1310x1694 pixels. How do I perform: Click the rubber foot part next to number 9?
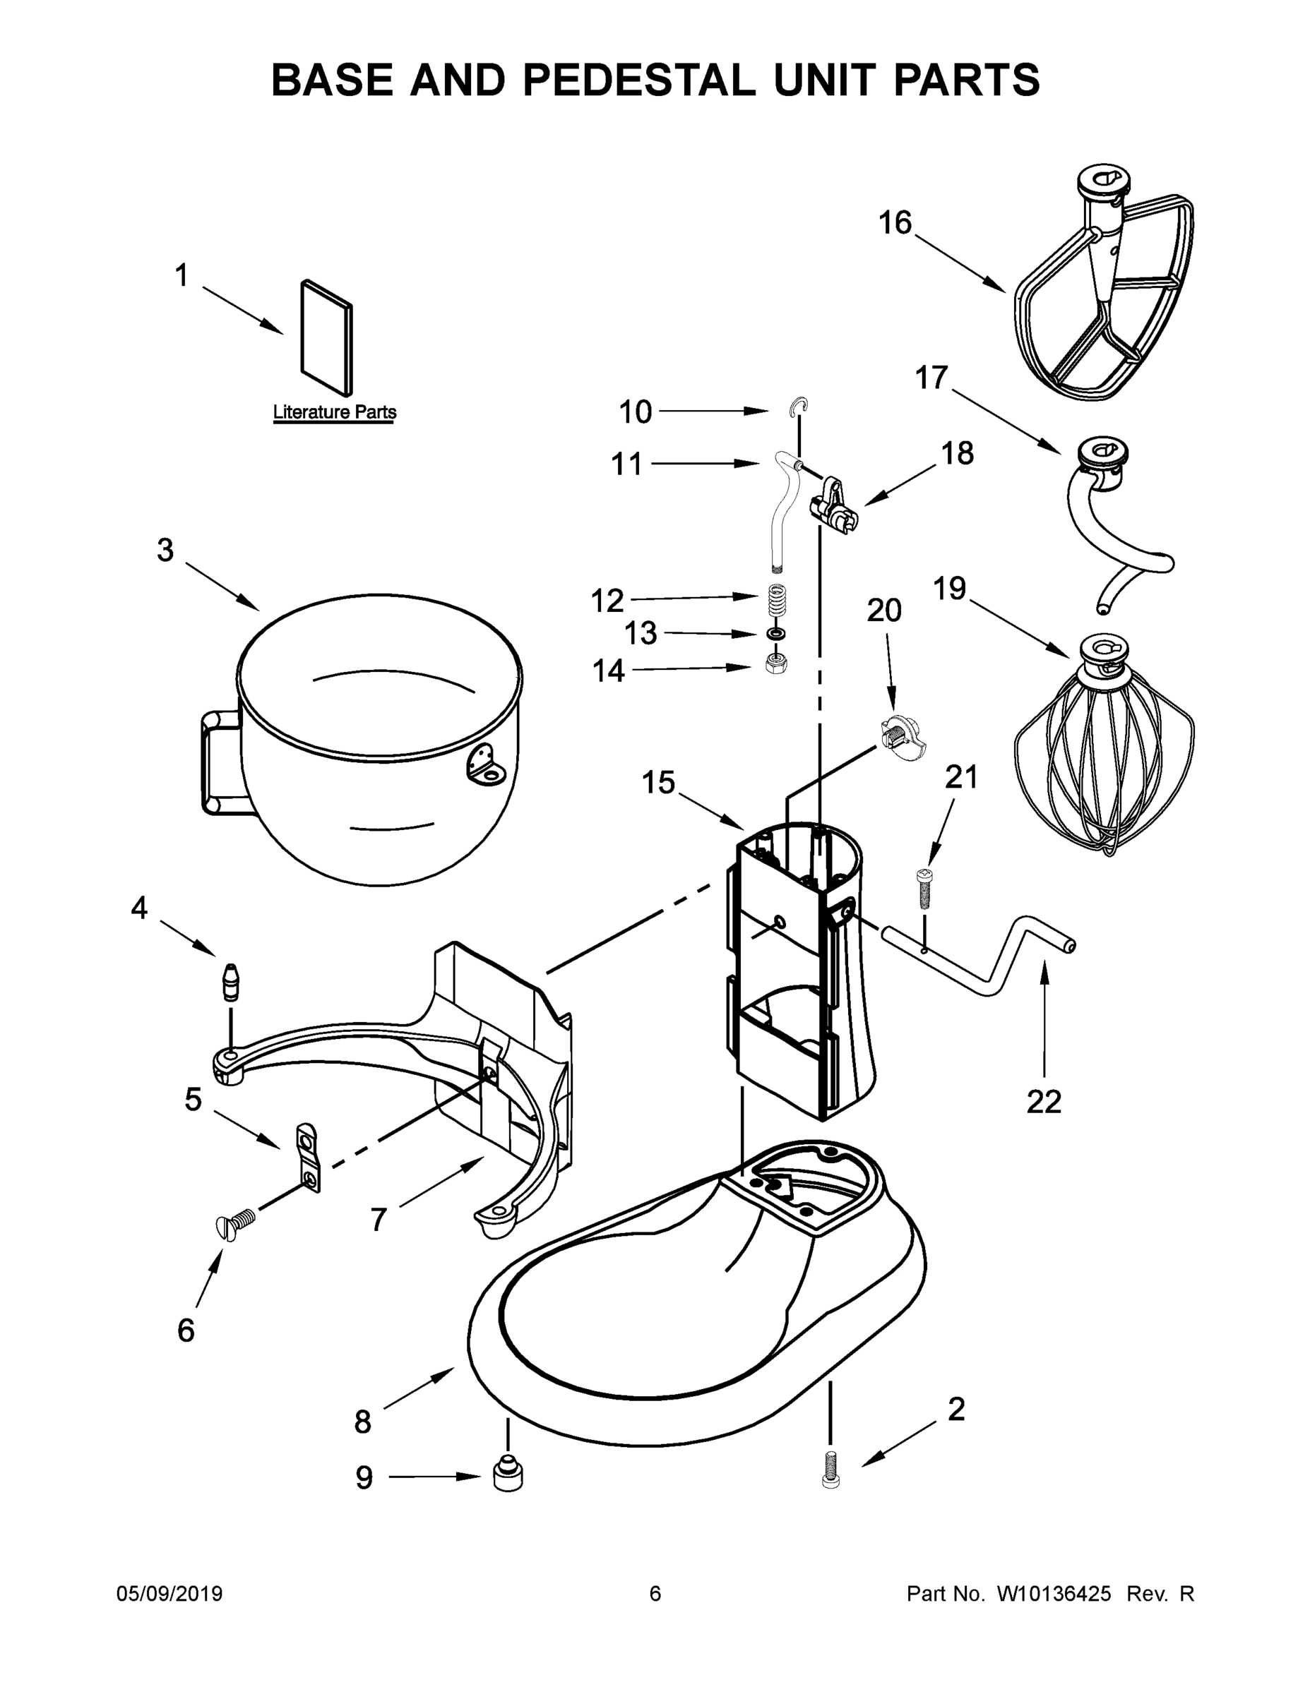pyautogui.click(x=508, y=1474)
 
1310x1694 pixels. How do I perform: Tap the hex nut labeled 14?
pyautogui.click(x=774, y=663)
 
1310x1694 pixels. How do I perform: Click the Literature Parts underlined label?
pyautogui.click(x=335, y=413)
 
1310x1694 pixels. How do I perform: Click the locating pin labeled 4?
pyautogui.click(x=231, y=982)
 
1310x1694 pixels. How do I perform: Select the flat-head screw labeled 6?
pyautogui.click(x=235, y=1224)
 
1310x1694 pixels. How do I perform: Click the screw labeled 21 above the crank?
pyautogui.click(x=924, y=889)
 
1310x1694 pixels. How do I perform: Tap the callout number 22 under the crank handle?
pyautogui.click(x=1044, y=1103)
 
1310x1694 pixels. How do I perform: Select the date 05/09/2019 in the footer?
pyautogui.click(x=169, y=1594)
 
